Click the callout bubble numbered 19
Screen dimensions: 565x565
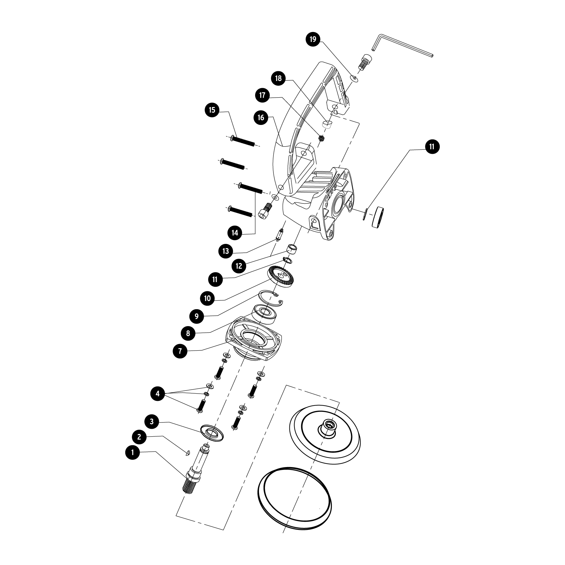[313, 39]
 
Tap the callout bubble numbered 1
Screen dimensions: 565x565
[132, 452]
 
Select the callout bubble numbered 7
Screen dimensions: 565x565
[180, 351]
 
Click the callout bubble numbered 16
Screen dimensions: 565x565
[261, 118]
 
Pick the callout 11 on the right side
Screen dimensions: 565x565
[432, 147]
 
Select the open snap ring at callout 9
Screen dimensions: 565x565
[271, 298]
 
